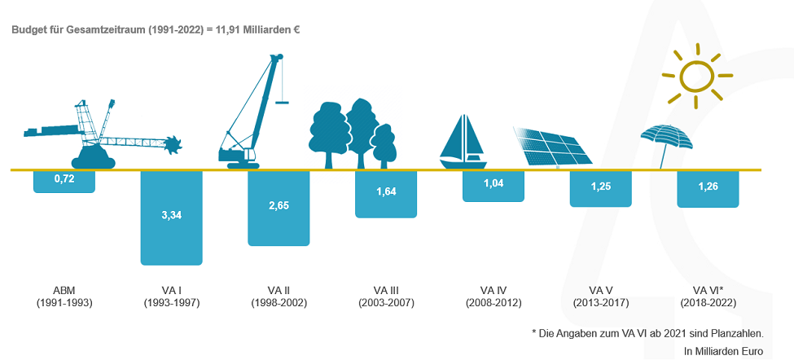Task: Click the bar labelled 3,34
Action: [x=171, y=217]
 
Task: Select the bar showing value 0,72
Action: [x=64, y=182]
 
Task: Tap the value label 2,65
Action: [x=279, y=205]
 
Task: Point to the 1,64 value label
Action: [x=386, y=191]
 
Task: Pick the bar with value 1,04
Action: [x=494, y=187]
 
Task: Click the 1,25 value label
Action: [x=600, y=186]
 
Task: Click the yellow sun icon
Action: [x=697, y=76]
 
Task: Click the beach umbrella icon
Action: [x=666, y=137]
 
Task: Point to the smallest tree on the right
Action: [x=384, y=146]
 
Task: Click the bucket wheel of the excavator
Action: [x=175, y=144]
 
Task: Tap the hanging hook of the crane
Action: [x=282, y=103]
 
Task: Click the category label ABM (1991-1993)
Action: [x=64, y=296]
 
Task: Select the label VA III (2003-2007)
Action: [x=386, y=296]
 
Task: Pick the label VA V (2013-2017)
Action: [x=601, y=296]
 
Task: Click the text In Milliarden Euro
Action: [x=723, y=350]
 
